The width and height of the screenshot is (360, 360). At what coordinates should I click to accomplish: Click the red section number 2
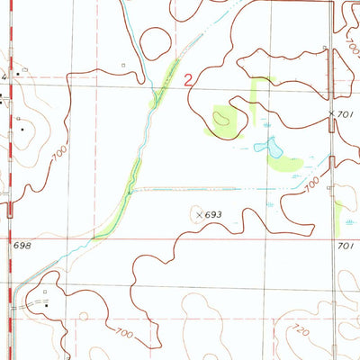tap(187, 80)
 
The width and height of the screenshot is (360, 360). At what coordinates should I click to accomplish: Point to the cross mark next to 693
tap(198, 214)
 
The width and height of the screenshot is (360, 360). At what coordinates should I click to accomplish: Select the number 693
tap(212, 215)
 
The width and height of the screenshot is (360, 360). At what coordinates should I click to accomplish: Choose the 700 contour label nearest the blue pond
tap(311, 184)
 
